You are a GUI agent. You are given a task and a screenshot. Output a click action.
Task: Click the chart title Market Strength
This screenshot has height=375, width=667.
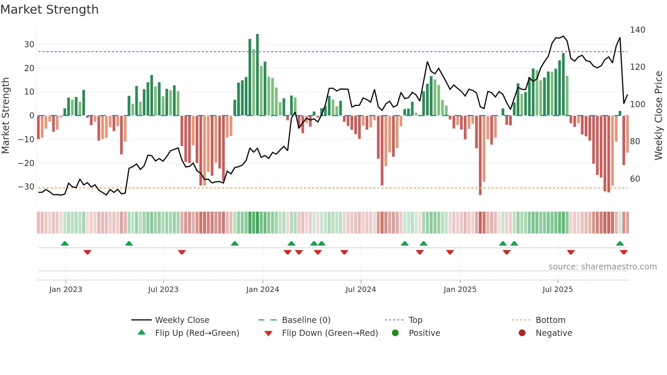49,10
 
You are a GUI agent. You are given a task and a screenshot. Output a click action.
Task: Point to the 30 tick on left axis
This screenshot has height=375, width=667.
29,45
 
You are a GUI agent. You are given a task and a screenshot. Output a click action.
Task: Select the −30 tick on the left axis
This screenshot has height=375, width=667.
27,187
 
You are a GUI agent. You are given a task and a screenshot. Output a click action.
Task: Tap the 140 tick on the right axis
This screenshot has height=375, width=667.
637,30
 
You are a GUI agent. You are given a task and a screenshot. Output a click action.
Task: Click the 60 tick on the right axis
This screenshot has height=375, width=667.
635,179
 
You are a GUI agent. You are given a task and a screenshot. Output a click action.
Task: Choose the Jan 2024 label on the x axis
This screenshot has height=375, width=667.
262,290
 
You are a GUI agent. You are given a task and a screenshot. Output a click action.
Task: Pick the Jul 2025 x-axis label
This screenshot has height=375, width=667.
557,290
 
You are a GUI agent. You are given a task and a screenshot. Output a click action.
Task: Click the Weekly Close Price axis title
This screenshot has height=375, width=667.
658,116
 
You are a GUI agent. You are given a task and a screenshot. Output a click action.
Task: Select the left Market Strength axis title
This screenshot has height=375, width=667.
5,116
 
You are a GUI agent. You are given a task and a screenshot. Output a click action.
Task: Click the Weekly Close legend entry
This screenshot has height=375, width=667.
182,320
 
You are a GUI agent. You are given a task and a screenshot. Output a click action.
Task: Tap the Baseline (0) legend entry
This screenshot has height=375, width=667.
306,320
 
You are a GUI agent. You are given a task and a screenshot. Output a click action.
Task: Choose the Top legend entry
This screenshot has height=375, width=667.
415,320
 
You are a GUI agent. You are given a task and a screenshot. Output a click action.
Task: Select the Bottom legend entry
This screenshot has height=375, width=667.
550,320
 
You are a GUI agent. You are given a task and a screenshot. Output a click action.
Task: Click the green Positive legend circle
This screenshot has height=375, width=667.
395,333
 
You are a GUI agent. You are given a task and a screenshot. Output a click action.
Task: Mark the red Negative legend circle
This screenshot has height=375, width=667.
522,333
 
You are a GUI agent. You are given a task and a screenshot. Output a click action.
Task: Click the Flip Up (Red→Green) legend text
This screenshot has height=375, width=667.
197,333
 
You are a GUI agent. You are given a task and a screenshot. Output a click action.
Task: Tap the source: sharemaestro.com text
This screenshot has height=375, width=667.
602,267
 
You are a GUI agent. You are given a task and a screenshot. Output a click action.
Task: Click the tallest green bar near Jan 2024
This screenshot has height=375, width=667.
257,75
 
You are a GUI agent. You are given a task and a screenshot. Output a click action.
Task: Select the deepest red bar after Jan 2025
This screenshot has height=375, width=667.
480,155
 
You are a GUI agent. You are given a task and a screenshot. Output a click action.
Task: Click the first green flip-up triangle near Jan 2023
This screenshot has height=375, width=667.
65,243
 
